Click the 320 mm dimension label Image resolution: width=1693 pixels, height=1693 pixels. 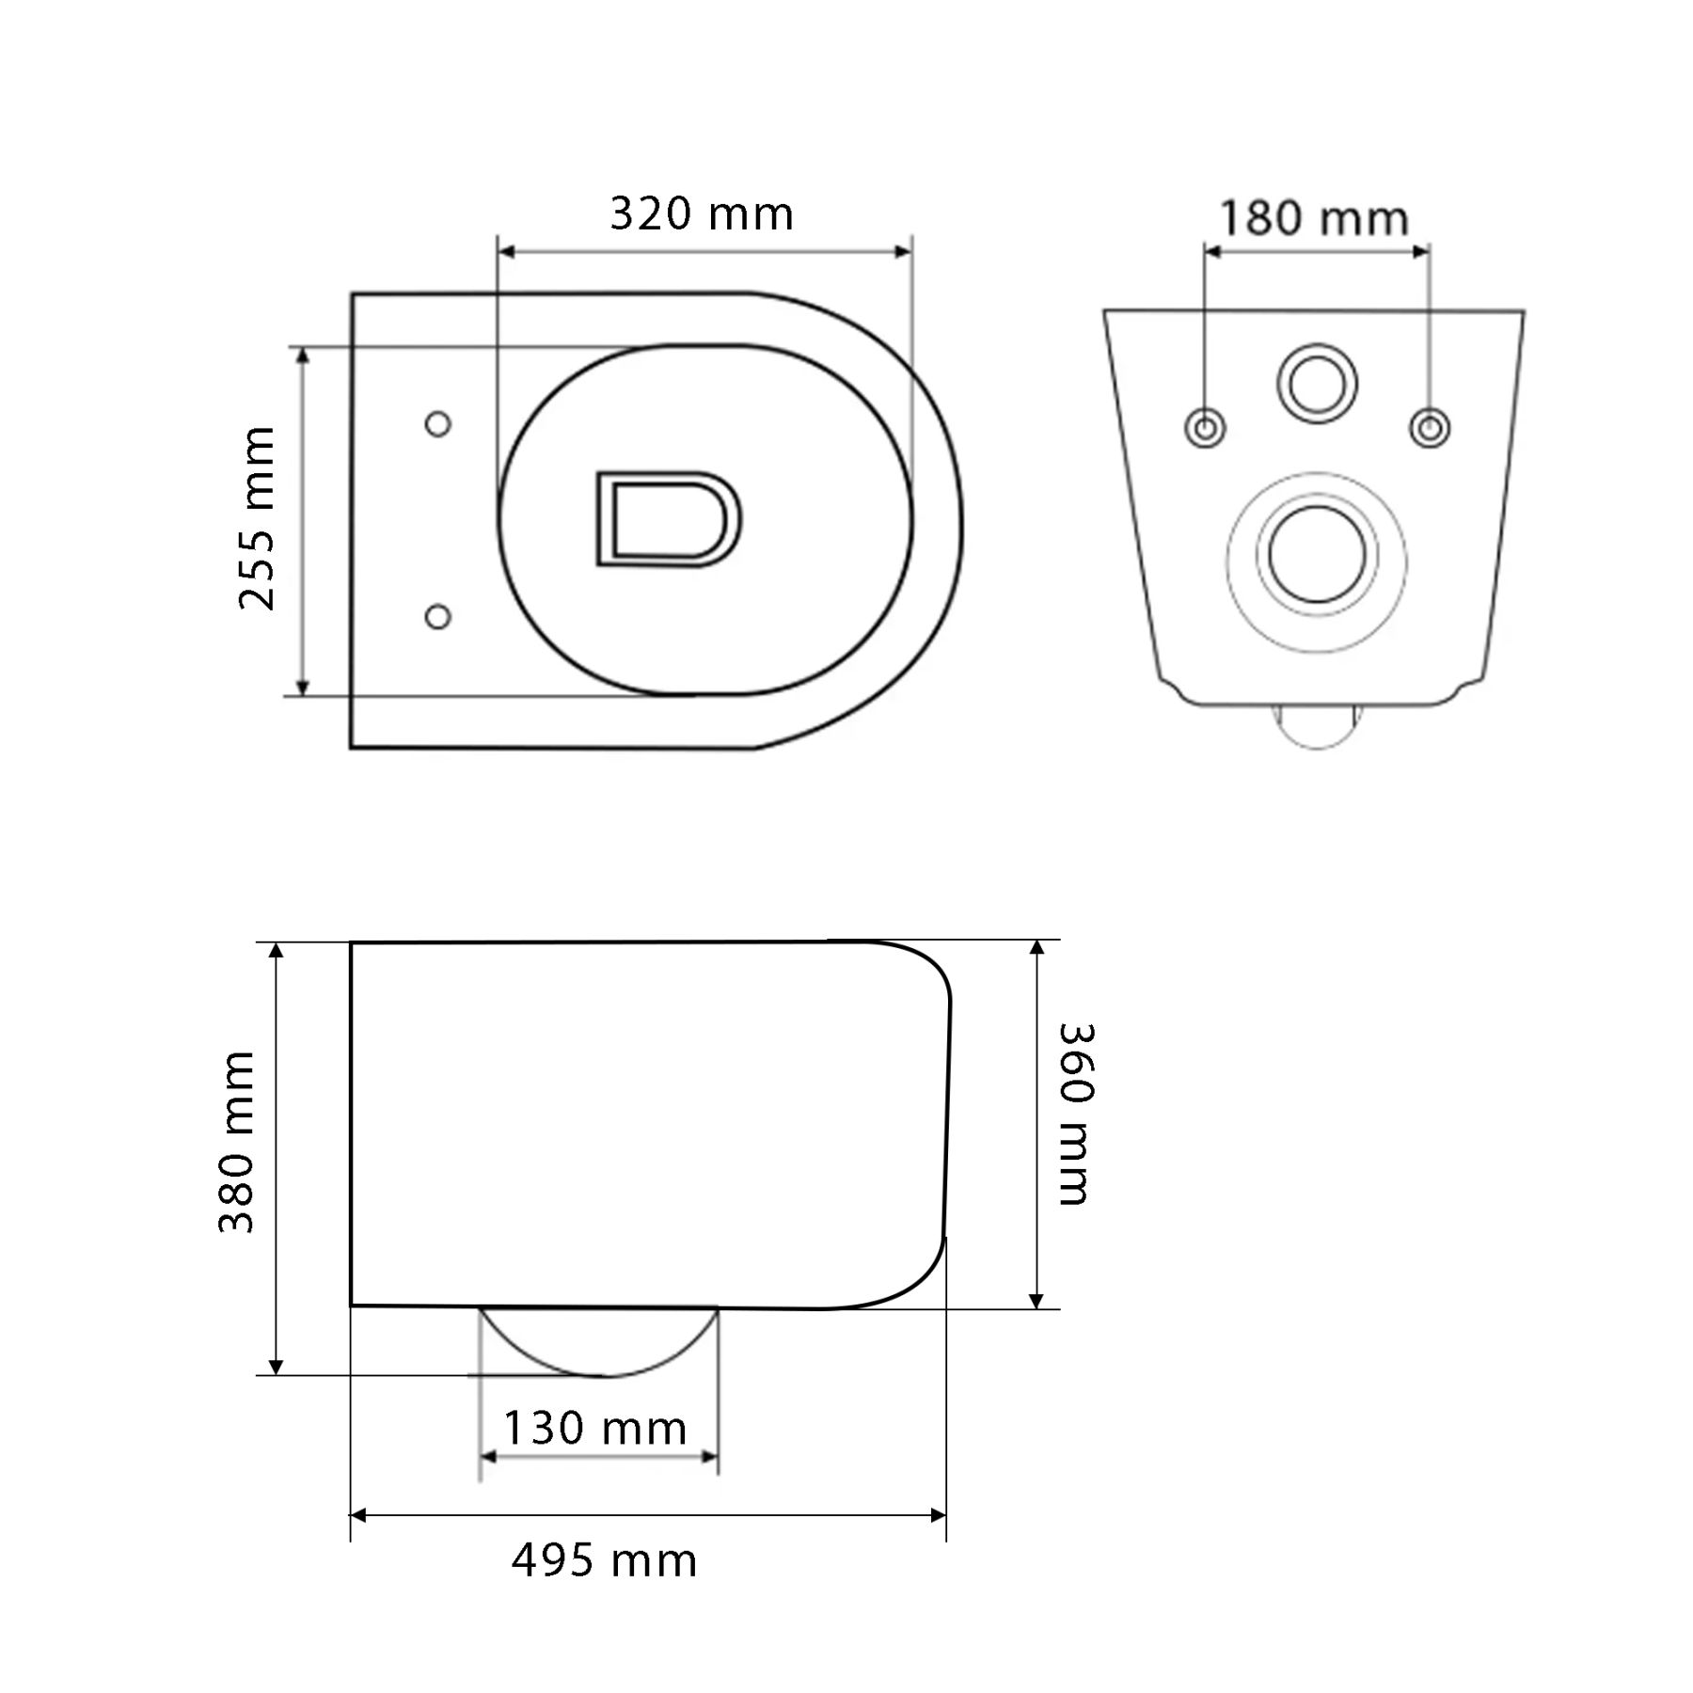pos(702,214)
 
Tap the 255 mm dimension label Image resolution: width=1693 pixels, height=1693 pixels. pos(257,518)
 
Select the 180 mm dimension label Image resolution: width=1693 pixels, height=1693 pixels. pos(1314,219)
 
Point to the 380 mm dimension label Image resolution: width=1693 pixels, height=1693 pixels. pos(236,1142)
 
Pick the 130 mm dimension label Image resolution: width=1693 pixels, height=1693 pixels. pos(594,1428)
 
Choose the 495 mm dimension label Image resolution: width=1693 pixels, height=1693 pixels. pos(604,1560)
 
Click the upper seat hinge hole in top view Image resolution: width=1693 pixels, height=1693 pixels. pos(437,424)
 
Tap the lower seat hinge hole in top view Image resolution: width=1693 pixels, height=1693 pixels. pos(437,617)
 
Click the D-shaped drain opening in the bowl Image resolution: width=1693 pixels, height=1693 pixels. pos(668,519)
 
